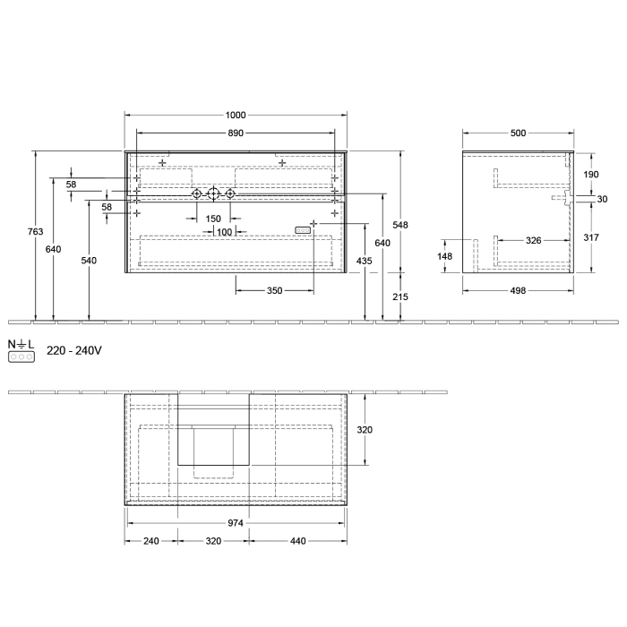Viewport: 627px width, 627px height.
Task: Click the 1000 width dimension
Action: coord(236,116)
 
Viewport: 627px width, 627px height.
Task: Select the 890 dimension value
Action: coord(236,133)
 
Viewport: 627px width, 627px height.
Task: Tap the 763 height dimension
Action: coord(35,232)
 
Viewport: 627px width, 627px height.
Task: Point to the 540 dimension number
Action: coord(89,261)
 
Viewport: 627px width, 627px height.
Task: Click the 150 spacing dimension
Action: coord(213,219)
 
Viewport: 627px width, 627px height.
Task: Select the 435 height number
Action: coord(365,261)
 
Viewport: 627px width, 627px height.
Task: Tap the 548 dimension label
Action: coord(399,226)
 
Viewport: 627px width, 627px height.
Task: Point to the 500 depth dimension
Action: coord(518,133)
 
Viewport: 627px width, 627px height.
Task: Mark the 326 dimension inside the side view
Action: coord(532,240)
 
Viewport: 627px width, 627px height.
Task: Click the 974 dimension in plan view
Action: coord(236,522)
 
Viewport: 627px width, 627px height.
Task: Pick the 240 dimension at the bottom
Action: coord(150,541)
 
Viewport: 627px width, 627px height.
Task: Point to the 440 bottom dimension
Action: coord(299,541)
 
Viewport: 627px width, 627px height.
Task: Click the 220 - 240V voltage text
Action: coord(74,350)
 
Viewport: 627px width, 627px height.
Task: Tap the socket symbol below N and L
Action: coord(21,356)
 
